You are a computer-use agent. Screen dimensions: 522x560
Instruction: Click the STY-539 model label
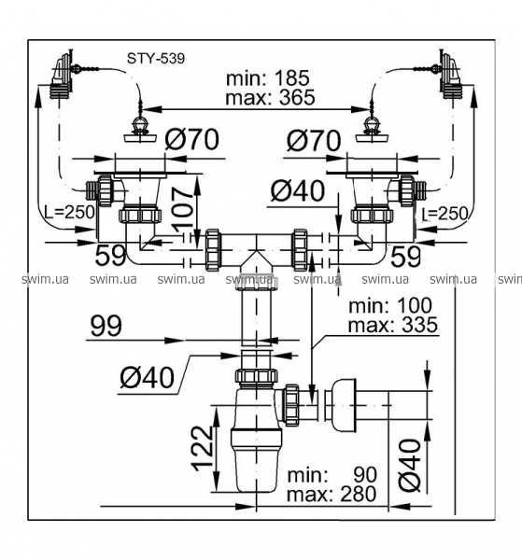click(x=156, y=58)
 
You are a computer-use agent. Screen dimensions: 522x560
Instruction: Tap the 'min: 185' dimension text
click(x=268, y=78)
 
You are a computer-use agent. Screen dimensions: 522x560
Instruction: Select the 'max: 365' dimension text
click(x=270, y=97)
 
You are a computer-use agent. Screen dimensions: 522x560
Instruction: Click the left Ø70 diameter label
click(x=191, y=139)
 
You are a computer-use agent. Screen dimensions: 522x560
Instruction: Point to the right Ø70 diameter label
click(x=314, y=140)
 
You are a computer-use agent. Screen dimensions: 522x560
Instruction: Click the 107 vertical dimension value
click(x=183, y=208)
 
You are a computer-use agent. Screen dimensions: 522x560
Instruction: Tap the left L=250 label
click(x=70, y=213)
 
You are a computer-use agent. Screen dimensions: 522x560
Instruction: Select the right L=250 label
click(x=444, y=215)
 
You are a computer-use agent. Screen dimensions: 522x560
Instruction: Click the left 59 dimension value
click(x=111, y=256)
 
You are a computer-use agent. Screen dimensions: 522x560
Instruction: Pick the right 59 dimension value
click(x=406, y=257)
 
